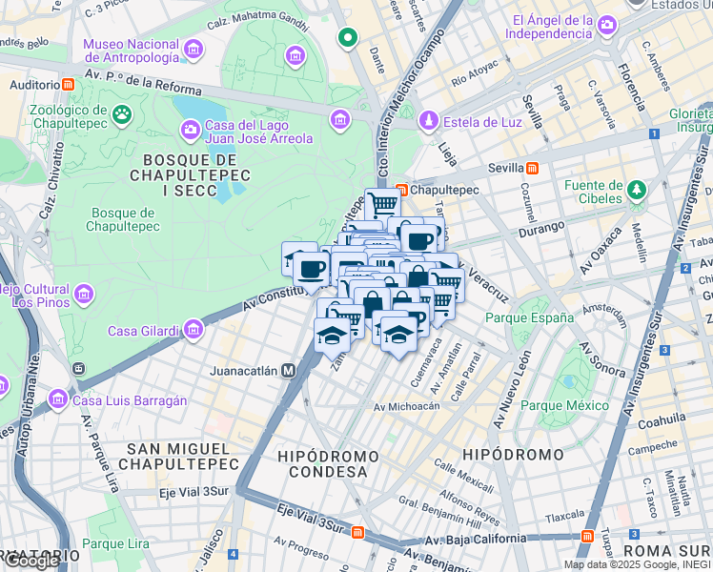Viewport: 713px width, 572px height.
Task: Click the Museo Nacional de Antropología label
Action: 131,51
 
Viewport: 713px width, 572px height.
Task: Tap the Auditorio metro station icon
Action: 70,84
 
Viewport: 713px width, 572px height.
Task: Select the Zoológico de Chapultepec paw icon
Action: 122,115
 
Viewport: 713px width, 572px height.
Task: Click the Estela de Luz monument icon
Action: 429,121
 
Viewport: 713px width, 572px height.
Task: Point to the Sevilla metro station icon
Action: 532,168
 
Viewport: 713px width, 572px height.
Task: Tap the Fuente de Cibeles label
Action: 592,192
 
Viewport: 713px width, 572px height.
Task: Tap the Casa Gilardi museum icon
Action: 194,331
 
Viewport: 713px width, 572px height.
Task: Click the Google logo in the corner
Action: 31,561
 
